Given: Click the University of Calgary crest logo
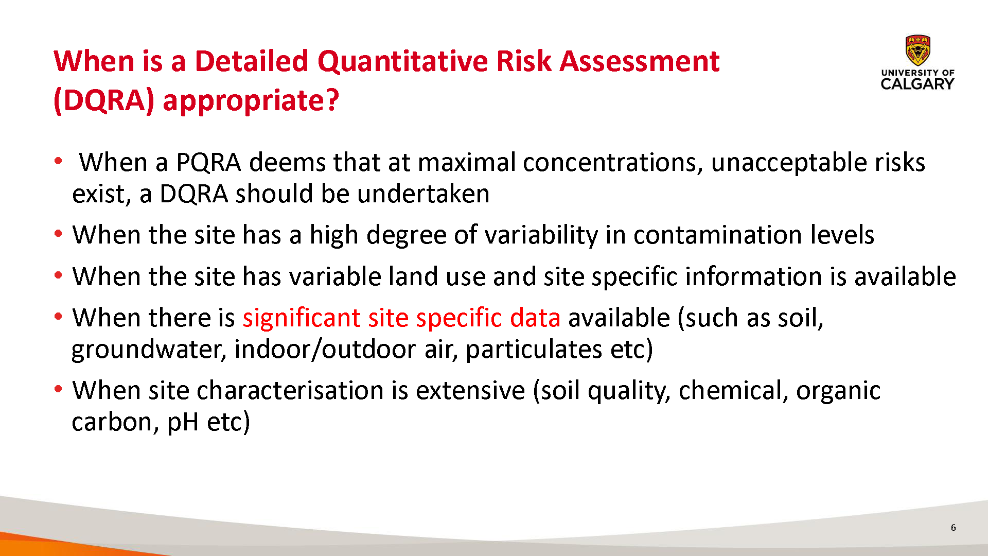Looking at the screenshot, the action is (918, 51).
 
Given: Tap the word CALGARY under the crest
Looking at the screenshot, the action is (918, 84).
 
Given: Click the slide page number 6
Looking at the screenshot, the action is (953, 528).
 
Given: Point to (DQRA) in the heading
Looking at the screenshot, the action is (104, 100).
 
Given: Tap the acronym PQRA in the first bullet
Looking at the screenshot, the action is (208, 163).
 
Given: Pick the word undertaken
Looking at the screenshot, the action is (423, 194).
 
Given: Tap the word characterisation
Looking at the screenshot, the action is (290, 390).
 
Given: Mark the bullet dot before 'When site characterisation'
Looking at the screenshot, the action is (58, 389).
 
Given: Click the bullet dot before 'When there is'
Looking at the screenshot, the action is (58, 317).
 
